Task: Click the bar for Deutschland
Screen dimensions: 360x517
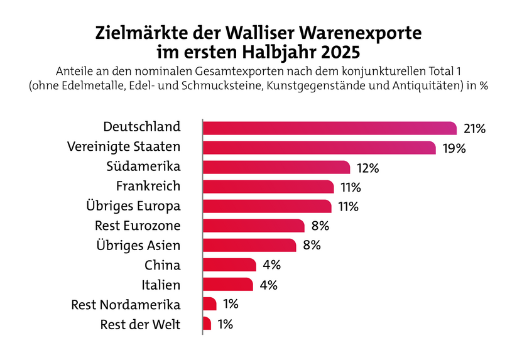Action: click(x=330, y=128)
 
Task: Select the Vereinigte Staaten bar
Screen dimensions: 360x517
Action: click(x=319, y=148)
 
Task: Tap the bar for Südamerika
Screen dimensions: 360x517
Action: click(x=276, y=167)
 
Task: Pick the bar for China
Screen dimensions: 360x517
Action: click(x=229, y=265)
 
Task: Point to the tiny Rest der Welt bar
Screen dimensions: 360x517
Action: click(x=207, y=324)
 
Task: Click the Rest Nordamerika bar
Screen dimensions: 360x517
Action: click(x=210, y=304)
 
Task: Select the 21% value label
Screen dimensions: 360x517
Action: click(x=475, y=129)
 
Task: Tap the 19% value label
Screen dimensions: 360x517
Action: click(x=453, y=148)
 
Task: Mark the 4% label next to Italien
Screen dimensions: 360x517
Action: click(x=268, y=285)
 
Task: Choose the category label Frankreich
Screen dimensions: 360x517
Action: click(x=148, y=186)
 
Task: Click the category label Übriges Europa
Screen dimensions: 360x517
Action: click(x=133, y=205)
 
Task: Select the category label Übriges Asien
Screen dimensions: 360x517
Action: click(x=138, y=244)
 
